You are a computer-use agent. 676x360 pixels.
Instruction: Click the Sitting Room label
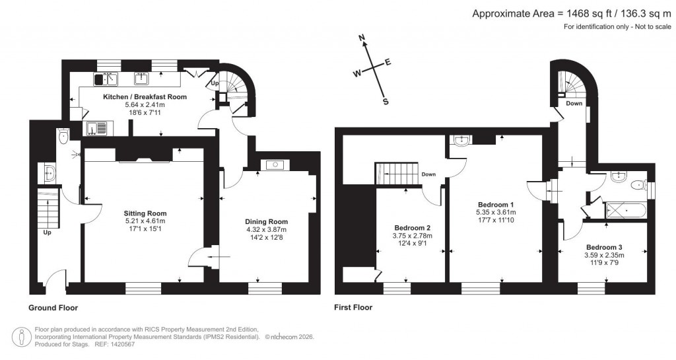point(145,213)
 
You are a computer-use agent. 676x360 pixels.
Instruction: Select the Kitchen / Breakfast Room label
point(145,96)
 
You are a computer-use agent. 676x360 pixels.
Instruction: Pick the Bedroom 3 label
point(604,247)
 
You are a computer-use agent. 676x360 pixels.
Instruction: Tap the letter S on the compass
point(386,102)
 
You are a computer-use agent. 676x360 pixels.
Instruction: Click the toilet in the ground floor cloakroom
point(63,137)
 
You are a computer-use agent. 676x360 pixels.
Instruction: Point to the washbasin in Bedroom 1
point(462,139)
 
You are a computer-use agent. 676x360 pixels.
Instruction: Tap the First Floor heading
point(354,307)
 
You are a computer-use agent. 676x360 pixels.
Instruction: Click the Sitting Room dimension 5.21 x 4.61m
point(145,222)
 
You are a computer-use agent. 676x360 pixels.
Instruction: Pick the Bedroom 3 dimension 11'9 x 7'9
point(604,264)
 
